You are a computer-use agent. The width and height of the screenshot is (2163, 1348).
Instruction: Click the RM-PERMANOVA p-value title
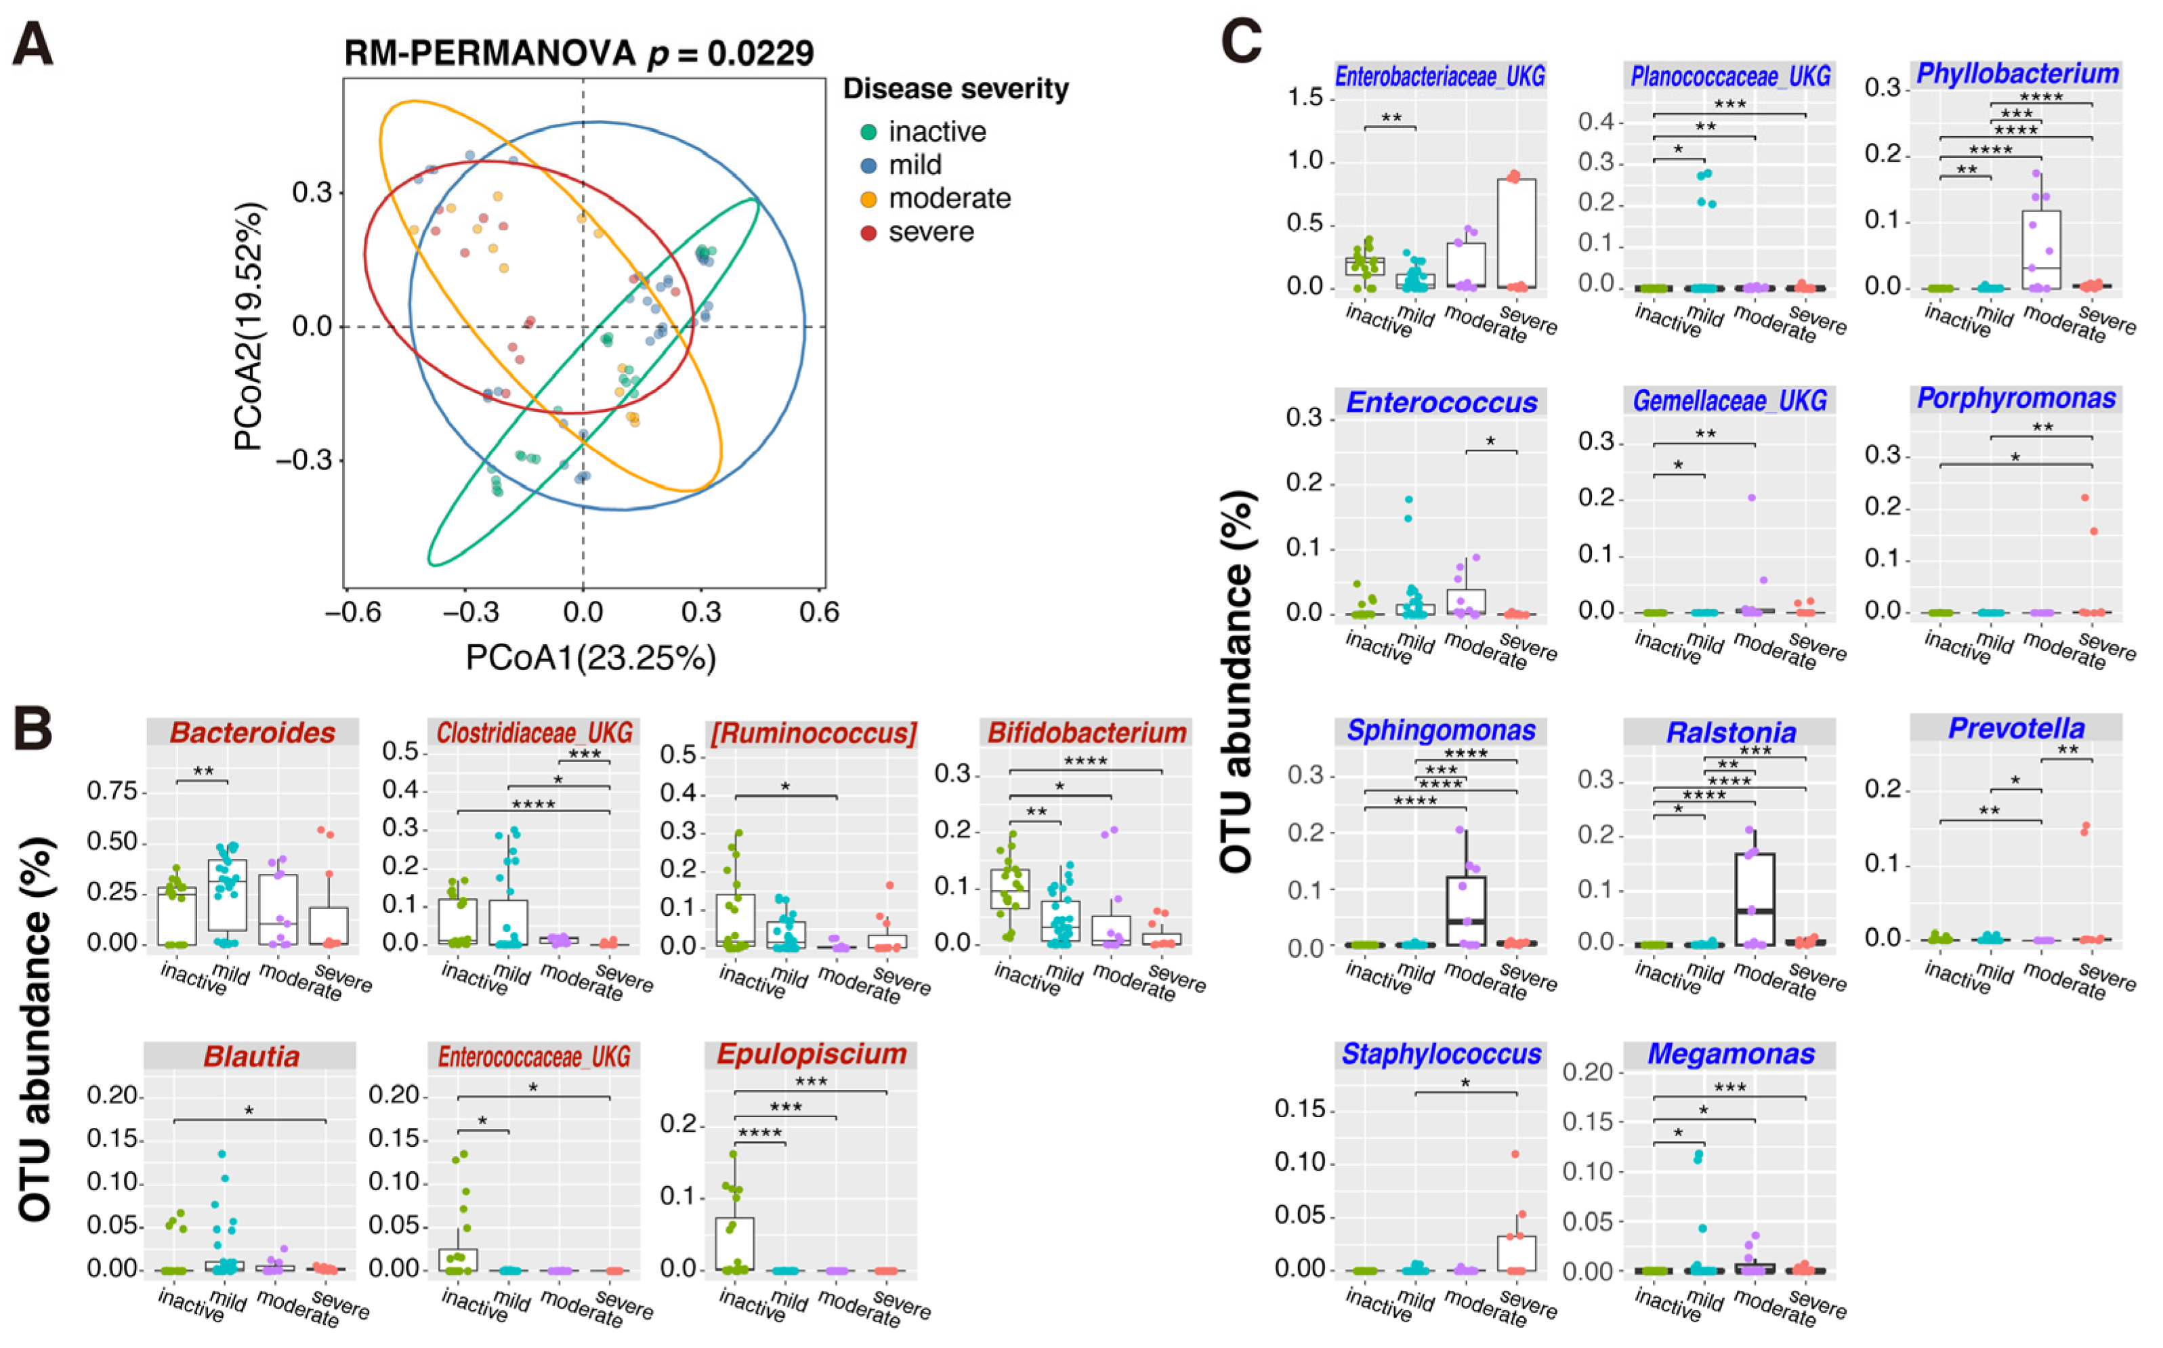point(579,54)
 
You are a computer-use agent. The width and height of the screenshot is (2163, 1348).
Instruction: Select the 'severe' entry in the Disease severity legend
point(931,232)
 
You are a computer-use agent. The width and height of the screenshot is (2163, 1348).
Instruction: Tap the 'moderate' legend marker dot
point(868,198)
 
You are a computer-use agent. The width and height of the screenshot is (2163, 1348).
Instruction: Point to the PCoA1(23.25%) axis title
point(590,658)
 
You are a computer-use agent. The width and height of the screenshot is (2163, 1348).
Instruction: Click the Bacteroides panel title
point(252,733)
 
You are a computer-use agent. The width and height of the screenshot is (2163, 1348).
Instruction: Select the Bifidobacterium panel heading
point(1087,733)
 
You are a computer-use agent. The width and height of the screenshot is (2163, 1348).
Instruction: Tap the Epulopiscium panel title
point(812,1054)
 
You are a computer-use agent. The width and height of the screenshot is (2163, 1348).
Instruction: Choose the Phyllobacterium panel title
point(2017,73)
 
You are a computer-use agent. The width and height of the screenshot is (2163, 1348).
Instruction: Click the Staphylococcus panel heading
point(1441,1054)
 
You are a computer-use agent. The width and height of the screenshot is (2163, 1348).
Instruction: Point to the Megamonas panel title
point(1731,1054)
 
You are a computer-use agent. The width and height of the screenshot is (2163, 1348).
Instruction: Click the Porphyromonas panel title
point(2016,398)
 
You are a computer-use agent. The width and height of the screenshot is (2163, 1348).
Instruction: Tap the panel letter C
point(1241,40)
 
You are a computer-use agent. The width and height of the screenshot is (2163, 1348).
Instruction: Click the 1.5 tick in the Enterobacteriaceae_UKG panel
point(1305,98)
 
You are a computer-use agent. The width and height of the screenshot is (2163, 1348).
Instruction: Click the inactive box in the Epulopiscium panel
point(735,1243)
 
